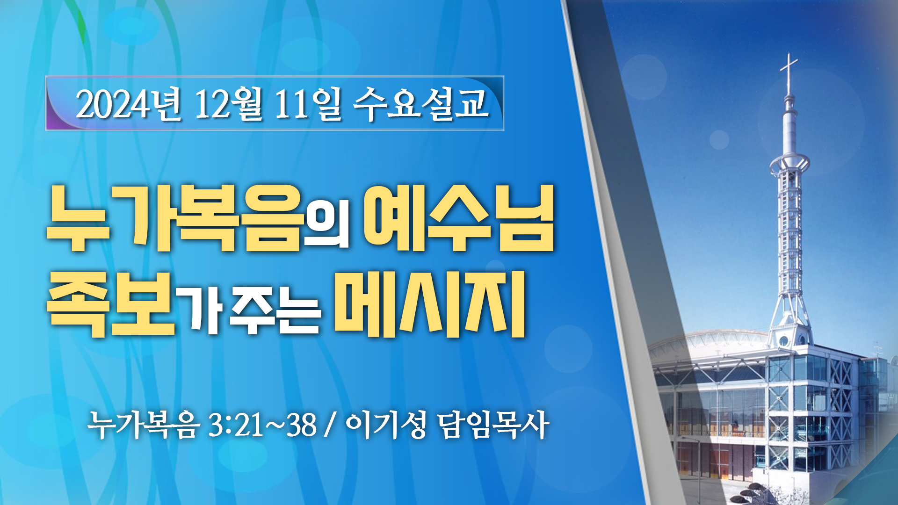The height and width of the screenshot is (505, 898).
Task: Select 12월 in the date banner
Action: [228, 104]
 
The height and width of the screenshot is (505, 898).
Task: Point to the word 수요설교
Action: [421, 103]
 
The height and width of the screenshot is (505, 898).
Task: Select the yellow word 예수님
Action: [459, 218]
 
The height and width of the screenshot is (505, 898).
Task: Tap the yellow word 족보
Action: [111, 304]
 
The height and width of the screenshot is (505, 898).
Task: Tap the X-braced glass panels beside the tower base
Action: [840, 402]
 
